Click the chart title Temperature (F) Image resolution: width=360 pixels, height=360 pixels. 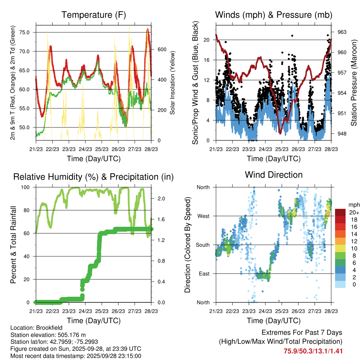tap(94, 15)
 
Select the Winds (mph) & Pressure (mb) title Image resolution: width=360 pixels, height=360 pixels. tap(274, 15)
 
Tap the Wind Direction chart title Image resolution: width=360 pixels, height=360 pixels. tap(274, 175)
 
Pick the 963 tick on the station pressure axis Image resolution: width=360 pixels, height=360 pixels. tap(342, 32)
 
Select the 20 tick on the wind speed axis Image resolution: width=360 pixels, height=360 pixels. tap(207, 40)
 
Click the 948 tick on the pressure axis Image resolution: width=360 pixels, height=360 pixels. tap(342, 134)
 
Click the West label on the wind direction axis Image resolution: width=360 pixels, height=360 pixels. tap(203, 216)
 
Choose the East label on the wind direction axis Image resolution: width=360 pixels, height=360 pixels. tap(203, 274)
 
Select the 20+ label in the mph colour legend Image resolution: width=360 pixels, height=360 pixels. tap(353, 212)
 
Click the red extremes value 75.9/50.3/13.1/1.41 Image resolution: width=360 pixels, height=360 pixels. tap(313, 351)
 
